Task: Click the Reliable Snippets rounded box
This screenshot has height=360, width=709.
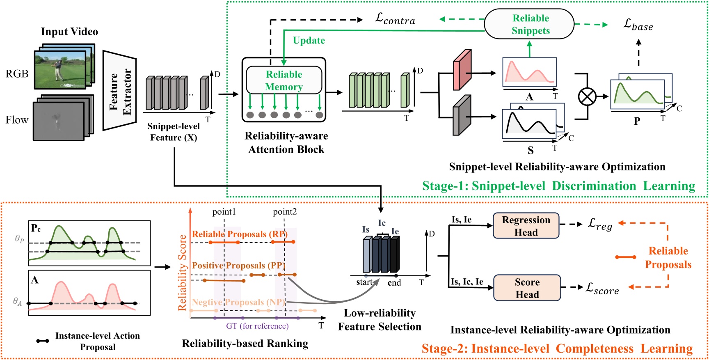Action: pyautogui.click(x=529, y=24)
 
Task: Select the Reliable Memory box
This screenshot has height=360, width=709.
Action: pyautogui.click(x=284, y=80)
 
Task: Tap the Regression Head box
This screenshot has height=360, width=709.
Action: pyautogui.click(x=526, y=226)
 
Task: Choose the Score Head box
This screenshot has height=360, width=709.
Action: pyautogui.click(x=527, y=288)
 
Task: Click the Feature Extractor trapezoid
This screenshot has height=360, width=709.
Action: pyautogui.click(x=119, y=91)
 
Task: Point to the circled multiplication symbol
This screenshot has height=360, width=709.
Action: pyautogui.click(x=587, y=97)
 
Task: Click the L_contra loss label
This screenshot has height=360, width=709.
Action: pyautogui.click(x=395, y=19)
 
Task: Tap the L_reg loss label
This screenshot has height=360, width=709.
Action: pyautogui.click(x=600, y=224)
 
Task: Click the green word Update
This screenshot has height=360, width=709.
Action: pyautogui.click(x=309, y=41)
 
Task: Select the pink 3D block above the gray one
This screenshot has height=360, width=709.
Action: pyautogui.click(x=462, y=70)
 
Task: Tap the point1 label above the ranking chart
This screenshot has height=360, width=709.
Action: pyautogui.click(x=224, y=212)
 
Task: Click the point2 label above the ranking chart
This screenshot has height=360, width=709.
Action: pyautogui.click(x=285, y=212)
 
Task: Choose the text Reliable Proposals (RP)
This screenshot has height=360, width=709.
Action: pyautogui.click(x=240, y=234)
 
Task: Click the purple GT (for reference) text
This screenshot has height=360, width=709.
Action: pyautogui.click(x=257, y=326)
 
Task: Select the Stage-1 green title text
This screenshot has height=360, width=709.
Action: pyautogui.click(x=558, y=186)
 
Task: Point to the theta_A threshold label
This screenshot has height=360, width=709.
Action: pyautogui.click(x=17, y=302)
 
